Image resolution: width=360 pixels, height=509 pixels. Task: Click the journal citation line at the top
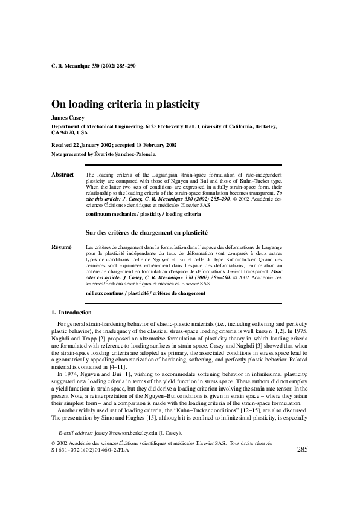94,65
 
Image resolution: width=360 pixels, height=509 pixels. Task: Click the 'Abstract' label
63,174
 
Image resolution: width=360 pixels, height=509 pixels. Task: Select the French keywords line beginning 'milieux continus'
146,293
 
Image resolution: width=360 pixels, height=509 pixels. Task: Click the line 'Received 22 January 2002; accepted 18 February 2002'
114,146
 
